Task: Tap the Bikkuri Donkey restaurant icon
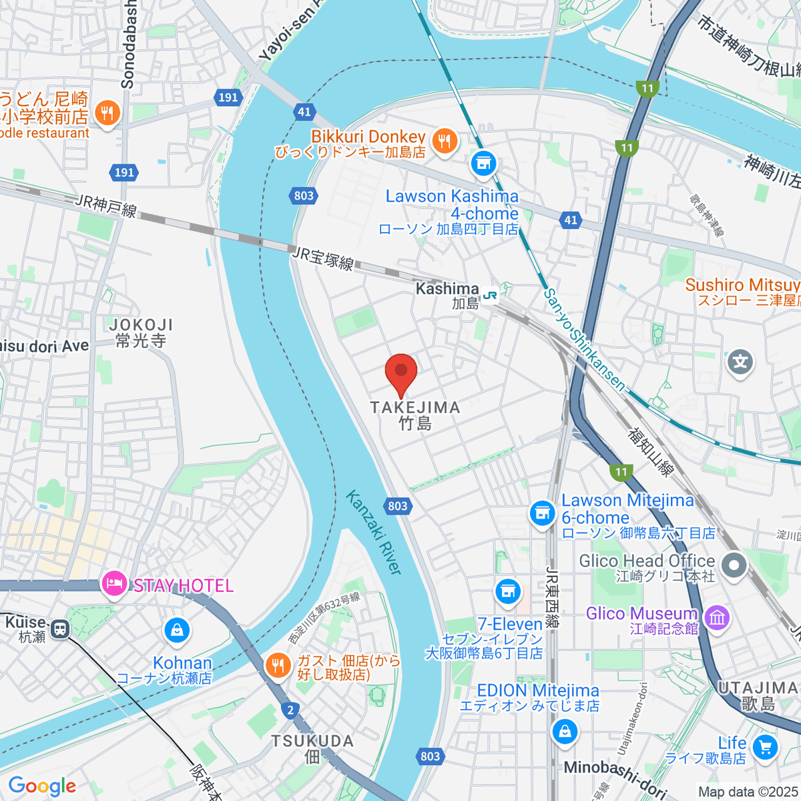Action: [444, 141]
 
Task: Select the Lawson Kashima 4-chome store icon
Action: [483, 162]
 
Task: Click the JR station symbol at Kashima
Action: [491, 294]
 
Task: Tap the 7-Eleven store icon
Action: [508, 591]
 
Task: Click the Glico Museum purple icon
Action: [718, 617]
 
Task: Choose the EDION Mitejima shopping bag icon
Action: [565, 731]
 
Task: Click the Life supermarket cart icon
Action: [765, 748]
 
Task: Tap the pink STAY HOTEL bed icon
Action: [113, 585]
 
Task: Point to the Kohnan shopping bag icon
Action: [177, 629]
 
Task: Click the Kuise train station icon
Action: [60, 628]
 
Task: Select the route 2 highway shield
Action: [289, 710]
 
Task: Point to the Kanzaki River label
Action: [374, 532]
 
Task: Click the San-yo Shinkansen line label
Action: [584, 339]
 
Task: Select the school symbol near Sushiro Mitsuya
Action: [740, 362]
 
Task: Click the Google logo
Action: [42, 786]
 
